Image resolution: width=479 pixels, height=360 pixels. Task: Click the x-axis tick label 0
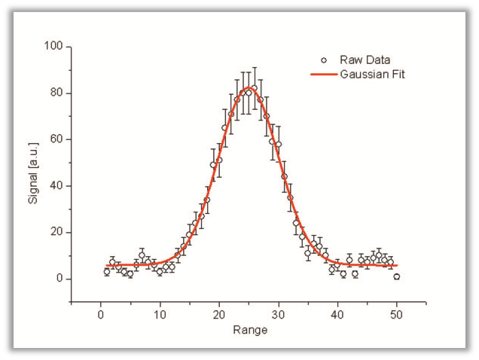coord(101,315)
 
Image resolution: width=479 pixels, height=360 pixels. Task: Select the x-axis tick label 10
coord(160,315)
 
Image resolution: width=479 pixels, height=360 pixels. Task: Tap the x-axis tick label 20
coord(219,315)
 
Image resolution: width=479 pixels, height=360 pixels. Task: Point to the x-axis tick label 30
coord(279,315)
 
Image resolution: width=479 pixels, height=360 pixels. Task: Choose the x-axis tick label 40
coord(337,315)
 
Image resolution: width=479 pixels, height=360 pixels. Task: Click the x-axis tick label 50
coord(397,315)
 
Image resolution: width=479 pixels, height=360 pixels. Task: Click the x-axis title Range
coord(249,329)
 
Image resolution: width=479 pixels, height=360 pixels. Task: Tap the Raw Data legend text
coord(365,59)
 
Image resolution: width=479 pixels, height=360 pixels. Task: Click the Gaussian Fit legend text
coord(373,74)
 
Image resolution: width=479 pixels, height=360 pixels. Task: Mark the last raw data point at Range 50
coord(397,276)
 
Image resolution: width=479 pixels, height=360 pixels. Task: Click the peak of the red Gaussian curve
coord(249,87)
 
